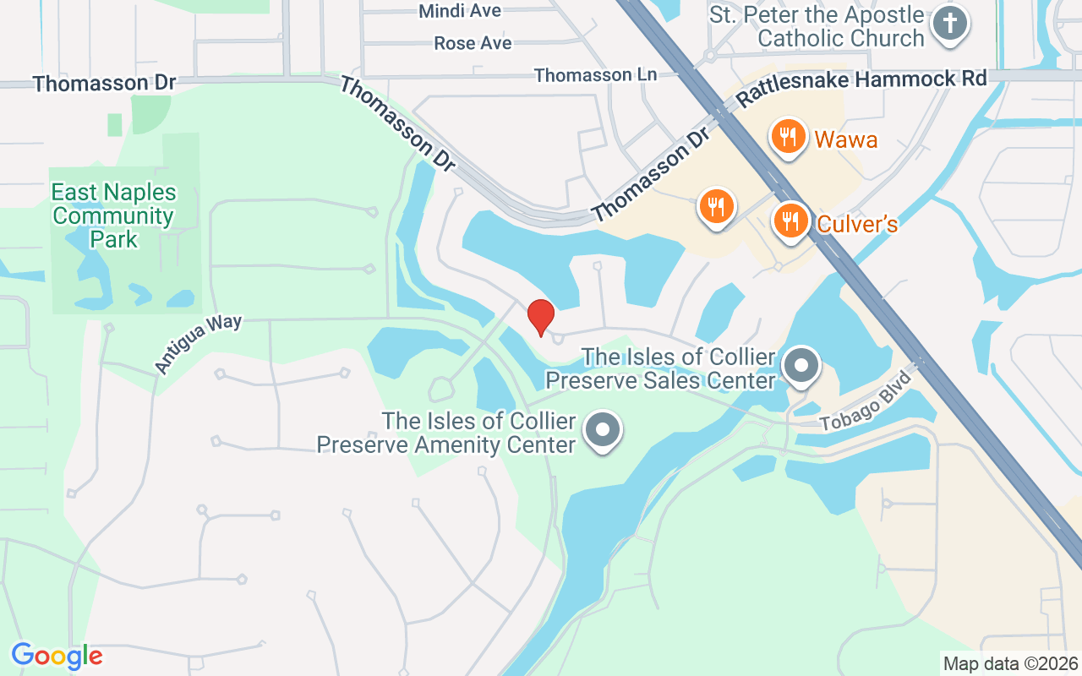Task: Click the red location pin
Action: pyautogui.click(x=540, y=318)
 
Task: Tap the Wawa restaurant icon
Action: pyautogui.click(x=788, y=136)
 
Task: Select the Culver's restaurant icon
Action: pyautogui.click(x=790, y=221)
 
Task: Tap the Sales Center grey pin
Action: pyautogui.click(x=800, y=367)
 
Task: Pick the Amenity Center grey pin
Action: pyautogui.click(x=602, y=429)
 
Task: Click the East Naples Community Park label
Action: pyautogui.click(x=113, y=216)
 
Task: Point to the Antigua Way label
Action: pyautogui.click(x=198, y=344)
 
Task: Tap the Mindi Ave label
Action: pyautogui.click(x=460, y=11)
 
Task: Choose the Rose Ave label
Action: pyautogui.click(x=473, y=42)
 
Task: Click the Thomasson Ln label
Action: pyautogui.click(x=595, y=75)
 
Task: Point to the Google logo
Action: pyautogui.click(x=57, y=656)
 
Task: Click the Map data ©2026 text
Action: pyautogui.click(x=1010, y=663)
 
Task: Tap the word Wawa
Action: pyautogui.click(x=845, y=139)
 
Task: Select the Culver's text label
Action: pyautogui.click(x=856, y=224)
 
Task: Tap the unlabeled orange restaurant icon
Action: pyautogui.click(x=716, y=206)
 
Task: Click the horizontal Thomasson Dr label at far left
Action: pyautogui.click(x=105, y=83)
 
